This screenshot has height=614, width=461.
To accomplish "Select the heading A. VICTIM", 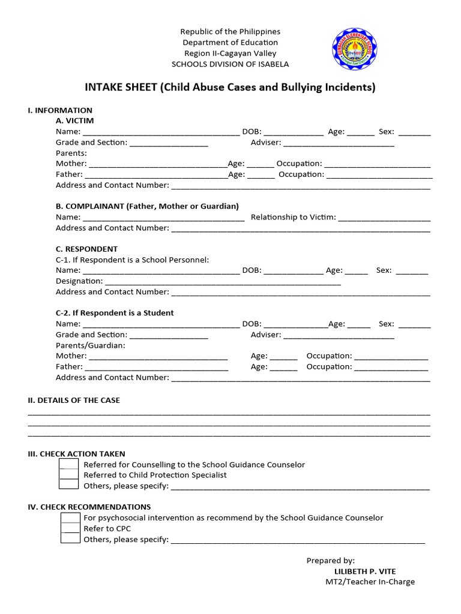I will click(75, 121).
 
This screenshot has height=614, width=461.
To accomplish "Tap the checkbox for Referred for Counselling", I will click(69, 465).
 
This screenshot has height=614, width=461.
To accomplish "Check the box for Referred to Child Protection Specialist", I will click(69, 475).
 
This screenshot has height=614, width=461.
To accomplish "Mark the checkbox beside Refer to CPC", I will click(70, 528).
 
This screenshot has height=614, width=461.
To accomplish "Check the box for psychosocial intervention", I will click(70, 517).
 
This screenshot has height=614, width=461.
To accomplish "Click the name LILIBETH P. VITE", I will click(365, 571).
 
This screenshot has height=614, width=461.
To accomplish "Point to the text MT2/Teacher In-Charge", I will click(370, 582).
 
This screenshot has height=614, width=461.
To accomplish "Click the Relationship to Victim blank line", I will click(384, 218).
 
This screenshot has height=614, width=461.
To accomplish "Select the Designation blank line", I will click(223, 282).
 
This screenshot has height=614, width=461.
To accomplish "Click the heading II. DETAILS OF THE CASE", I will click(74, 400).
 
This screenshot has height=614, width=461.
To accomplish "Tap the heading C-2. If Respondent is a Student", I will click(115, 312).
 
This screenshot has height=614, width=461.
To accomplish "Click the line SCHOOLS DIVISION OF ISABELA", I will click(230, 64).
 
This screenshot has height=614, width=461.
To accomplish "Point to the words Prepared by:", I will click(331, 561).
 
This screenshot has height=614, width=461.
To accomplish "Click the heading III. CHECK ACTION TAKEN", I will click(77, 454).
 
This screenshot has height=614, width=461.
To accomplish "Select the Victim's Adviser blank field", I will click(339, 143).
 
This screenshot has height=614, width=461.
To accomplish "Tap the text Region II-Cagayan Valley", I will click(230, 53).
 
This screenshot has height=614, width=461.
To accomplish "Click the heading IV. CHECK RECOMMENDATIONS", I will click(89, 507).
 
